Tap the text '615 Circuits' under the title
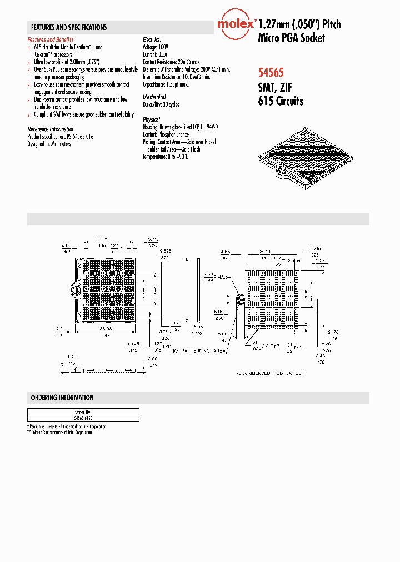(x=281, y=101)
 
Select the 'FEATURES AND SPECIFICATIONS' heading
(x=69, y=27)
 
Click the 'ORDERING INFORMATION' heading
(x=62, y=398)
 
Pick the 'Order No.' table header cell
(x=83, y=412)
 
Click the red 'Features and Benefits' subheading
(x=51, y=40)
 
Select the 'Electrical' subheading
(x=152, y=40)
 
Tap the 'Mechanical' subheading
(x=154, y=97)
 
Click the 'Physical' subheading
(x=151, y=119)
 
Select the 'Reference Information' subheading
(x=51, y=129)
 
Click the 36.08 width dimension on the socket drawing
(x=104, y=328)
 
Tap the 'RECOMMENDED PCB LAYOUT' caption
(x=270, y=373)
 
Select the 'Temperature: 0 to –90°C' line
(x=166, y=157)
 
